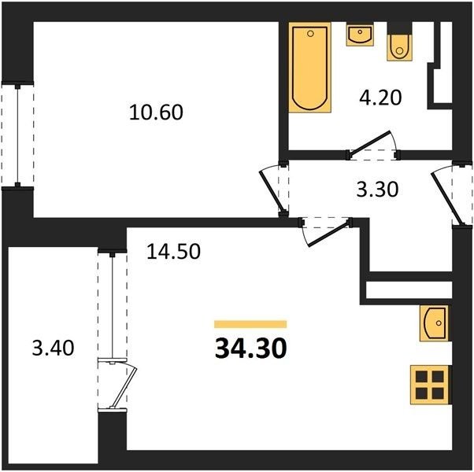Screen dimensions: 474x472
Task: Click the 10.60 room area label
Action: [156, 112]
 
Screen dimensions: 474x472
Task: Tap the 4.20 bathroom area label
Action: [380, 98]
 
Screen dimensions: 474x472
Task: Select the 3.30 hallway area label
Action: [377, 190]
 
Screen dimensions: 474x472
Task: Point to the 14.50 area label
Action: [173, 251]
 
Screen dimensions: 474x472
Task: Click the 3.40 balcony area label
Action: [53, 348]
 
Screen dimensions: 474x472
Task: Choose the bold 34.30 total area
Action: [250, 348]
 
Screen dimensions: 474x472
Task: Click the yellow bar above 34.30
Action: [250, 324]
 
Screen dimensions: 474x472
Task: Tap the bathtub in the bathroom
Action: [310, 68]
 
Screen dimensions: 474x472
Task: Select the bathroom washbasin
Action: [360, 35]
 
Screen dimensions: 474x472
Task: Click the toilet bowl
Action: [399, 47]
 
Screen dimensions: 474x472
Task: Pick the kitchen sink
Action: [434, 323]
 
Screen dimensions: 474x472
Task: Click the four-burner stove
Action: [429, 385]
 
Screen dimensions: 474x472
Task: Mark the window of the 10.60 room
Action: [17, 135]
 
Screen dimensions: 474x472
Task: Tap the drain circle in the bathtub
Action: [310, 34]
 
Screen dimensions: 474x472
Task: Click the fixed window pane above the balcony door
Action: [112, 305]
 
